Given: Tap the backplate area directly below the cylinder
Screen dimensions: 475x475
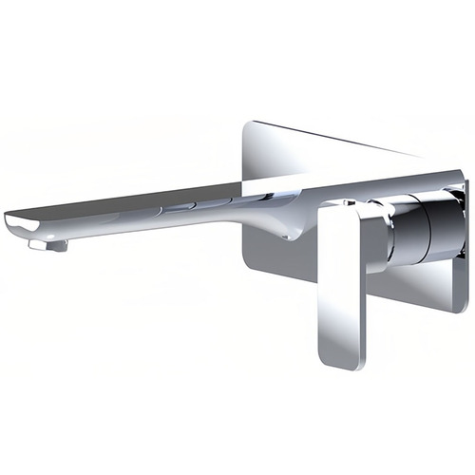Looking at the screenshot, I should click(418, 285).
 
